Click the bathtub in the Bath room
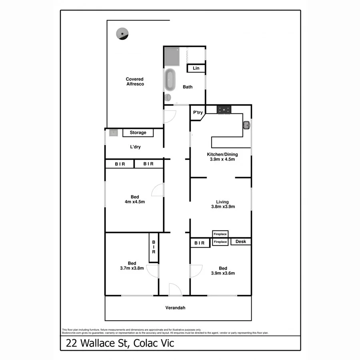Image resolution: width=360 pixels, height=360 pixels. pos(170,80)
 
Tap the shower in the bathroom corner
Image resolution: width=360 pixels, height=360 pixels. pos(173,56)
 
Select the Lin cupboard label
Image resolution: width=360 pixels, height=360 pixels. pos(196,68)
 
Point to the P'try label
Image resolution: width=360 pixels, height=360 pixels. pos(198,113)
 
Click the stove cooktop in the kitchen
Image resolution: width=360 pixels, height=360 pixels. pos(224,109)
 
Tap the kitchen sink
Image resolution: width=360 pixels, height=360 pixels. pos(246,125)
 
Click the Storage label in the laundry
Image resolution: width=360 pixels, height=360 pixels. pos(138,132)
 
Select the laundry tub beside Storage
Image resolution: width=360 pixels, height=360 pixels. pos(113,132)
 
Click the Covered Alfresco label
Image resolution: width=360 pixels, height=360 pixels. pos(135,82)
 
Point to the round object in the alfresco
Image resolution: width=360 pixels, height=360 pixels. pos(121,34)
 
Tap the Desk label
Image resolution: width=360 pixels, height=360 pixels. pos(240,242)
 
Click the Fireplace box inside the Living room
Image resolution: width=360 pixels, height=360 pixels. pos(220,234)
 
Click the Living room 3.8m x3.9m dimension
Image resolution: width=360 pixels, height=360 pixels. pos(222,207)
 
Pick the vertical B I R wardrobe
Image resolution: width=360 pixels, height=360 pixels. pos(153,248)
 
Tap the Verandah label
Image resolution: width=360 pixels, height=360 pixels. pos(176,308)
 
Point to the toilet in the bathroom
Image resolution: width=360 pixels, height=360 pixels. pos(168,97)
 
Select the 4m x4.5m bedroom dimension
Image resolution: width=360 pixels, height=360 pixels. pos(134,202)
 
